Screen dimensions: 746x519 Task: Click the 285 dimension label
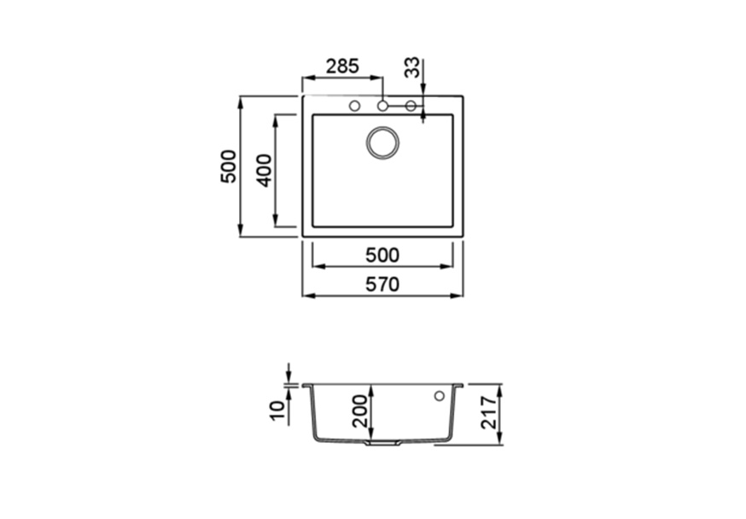pos(342,66)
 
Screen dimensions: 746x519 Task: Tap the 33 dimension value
pos(412,67)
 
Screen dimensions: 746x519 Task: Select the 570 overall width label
pos(382,284)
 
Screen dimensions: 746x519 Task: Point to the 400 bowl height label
pos(264,171)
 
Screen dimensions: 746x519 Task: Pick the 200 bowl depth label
pos(361,411)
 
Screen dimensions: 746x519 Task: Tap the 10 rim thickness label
pos(279,410)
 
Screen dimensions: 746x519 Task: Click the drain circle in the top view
pos(382,143)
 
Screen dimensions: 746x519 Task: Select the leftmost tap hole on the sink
pos(354,106)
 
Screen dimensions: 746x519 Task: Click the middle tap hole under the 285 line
pos(382,106)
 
